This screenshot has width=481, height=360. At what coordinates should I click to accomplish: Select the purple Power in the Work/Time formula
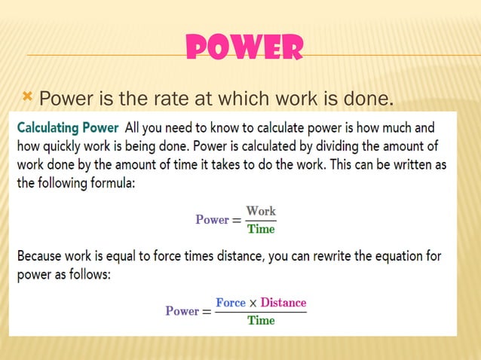click(212, 220)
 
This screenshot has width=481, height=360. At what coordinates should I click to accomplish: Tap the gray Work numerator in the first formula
click(261, 212)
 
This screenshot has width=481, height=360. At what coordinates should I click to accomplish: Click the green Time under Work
click(261, 229)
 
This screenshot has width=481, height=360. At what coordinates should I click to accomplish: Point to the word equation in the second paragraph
click(397, 256)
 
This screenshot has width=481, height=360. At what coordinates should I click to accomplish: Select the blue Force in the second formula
click(231, 303)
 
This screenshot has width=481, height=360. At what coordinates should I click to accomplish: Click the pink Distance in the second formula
click(283, 303)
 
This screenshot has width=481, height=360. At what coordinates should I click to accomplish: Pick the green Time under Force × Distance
click(261, 320)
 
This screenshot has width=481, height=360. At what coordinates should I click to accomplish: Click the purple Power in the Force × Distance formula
click(182, 311)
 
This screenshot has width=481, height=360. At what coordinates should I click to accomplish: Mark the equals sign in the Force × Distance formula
click(207, 312)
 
